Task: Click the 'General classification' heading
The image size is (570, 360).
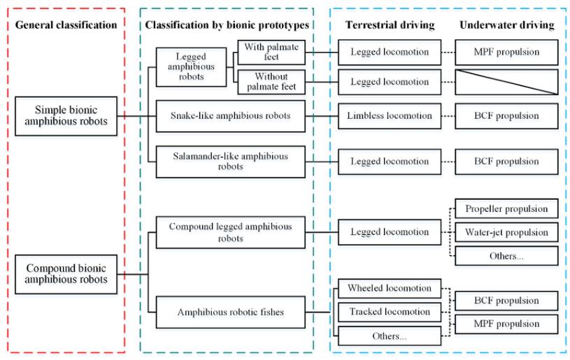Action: [66, 25]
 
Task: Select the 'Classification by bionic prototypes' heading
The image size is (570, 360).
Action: [227, 25]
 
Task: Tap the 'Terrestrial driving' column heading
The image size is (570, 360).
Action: [390, 25]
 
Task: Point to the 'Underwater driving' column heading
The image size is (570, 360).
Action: [507, 25]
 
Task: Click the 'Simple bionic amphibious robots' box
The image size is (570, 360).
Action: [66, 116]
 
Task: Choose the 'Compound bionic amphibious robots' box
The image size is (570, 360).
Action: [66, 274]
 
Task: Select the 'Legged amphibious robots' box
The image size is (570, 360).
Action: [191, 67]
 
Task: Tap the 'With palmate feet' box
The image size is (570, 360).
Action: [271, 52]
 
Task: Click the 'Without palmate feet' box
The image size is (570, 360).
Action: [271, 82]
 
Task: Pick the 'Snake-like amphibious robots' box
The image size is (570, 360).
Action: [231, 116]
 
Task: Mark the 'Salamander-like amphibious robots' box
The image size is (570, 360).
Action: [231, 161]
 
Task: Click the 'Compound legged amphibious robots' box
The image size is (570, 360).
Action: [231, 233]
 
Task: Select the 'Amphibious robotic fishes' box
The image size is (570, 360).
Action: [231, 312]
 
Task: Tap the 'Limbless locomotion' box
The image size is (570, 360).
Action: [390, 116]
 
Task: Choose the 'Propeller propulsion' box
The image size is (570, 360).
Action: [506, 208]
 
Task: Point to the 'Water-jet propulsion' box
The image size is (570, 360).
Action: [506, 232]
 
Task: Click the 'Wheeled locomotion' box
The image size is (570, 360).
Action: [390, 289]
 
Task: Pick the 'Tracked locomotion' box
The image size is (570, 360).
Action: [390, 312]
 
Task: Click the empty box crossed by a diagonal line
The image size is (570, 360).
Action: [506, 82]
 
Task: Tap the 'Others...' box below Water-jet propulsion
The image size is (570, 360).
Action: [506, 256]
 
